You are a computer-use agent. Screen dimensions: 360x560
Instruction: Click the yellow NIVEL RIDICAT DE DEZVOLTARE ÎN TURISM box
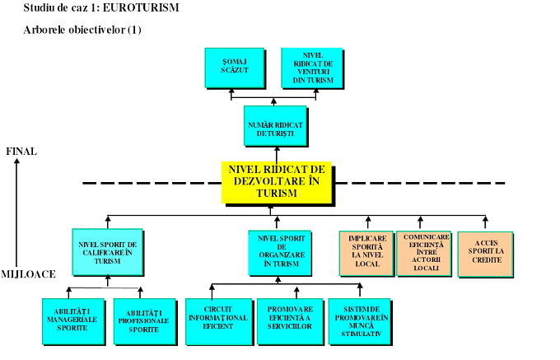277,181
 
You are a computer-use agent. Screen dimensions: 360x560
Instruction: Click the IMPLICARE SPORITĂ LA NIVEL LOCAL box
366,252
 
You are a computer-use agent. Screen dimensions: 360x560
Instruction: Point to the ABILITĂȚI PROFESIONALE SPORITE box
141,319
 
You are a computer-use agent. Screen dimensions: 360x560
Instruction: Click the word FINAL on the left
21,152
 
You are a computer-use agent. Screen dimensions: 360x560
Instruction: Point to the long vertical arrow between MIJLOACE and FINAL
17,210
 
